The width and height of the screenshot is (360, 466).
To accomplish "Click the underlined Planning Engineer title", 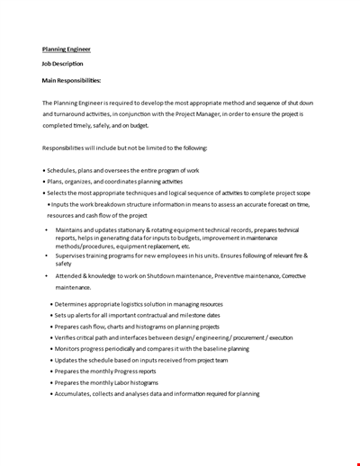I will tap(66, 49).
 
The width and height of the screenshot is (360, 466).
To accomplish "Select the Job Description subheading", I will tap(62, 64).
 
